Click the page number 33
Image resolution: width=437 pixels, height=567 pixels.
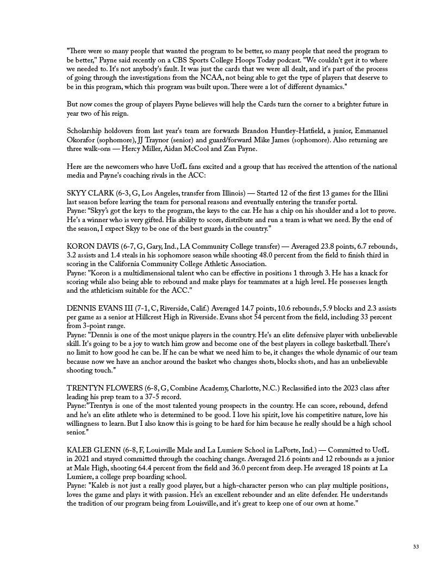pos(416,546)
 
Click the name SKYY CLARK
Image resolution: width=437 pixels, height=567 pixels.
pos(90,193)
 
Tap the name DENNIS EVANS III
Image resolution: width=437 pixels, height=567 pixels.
pos(98,308)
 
